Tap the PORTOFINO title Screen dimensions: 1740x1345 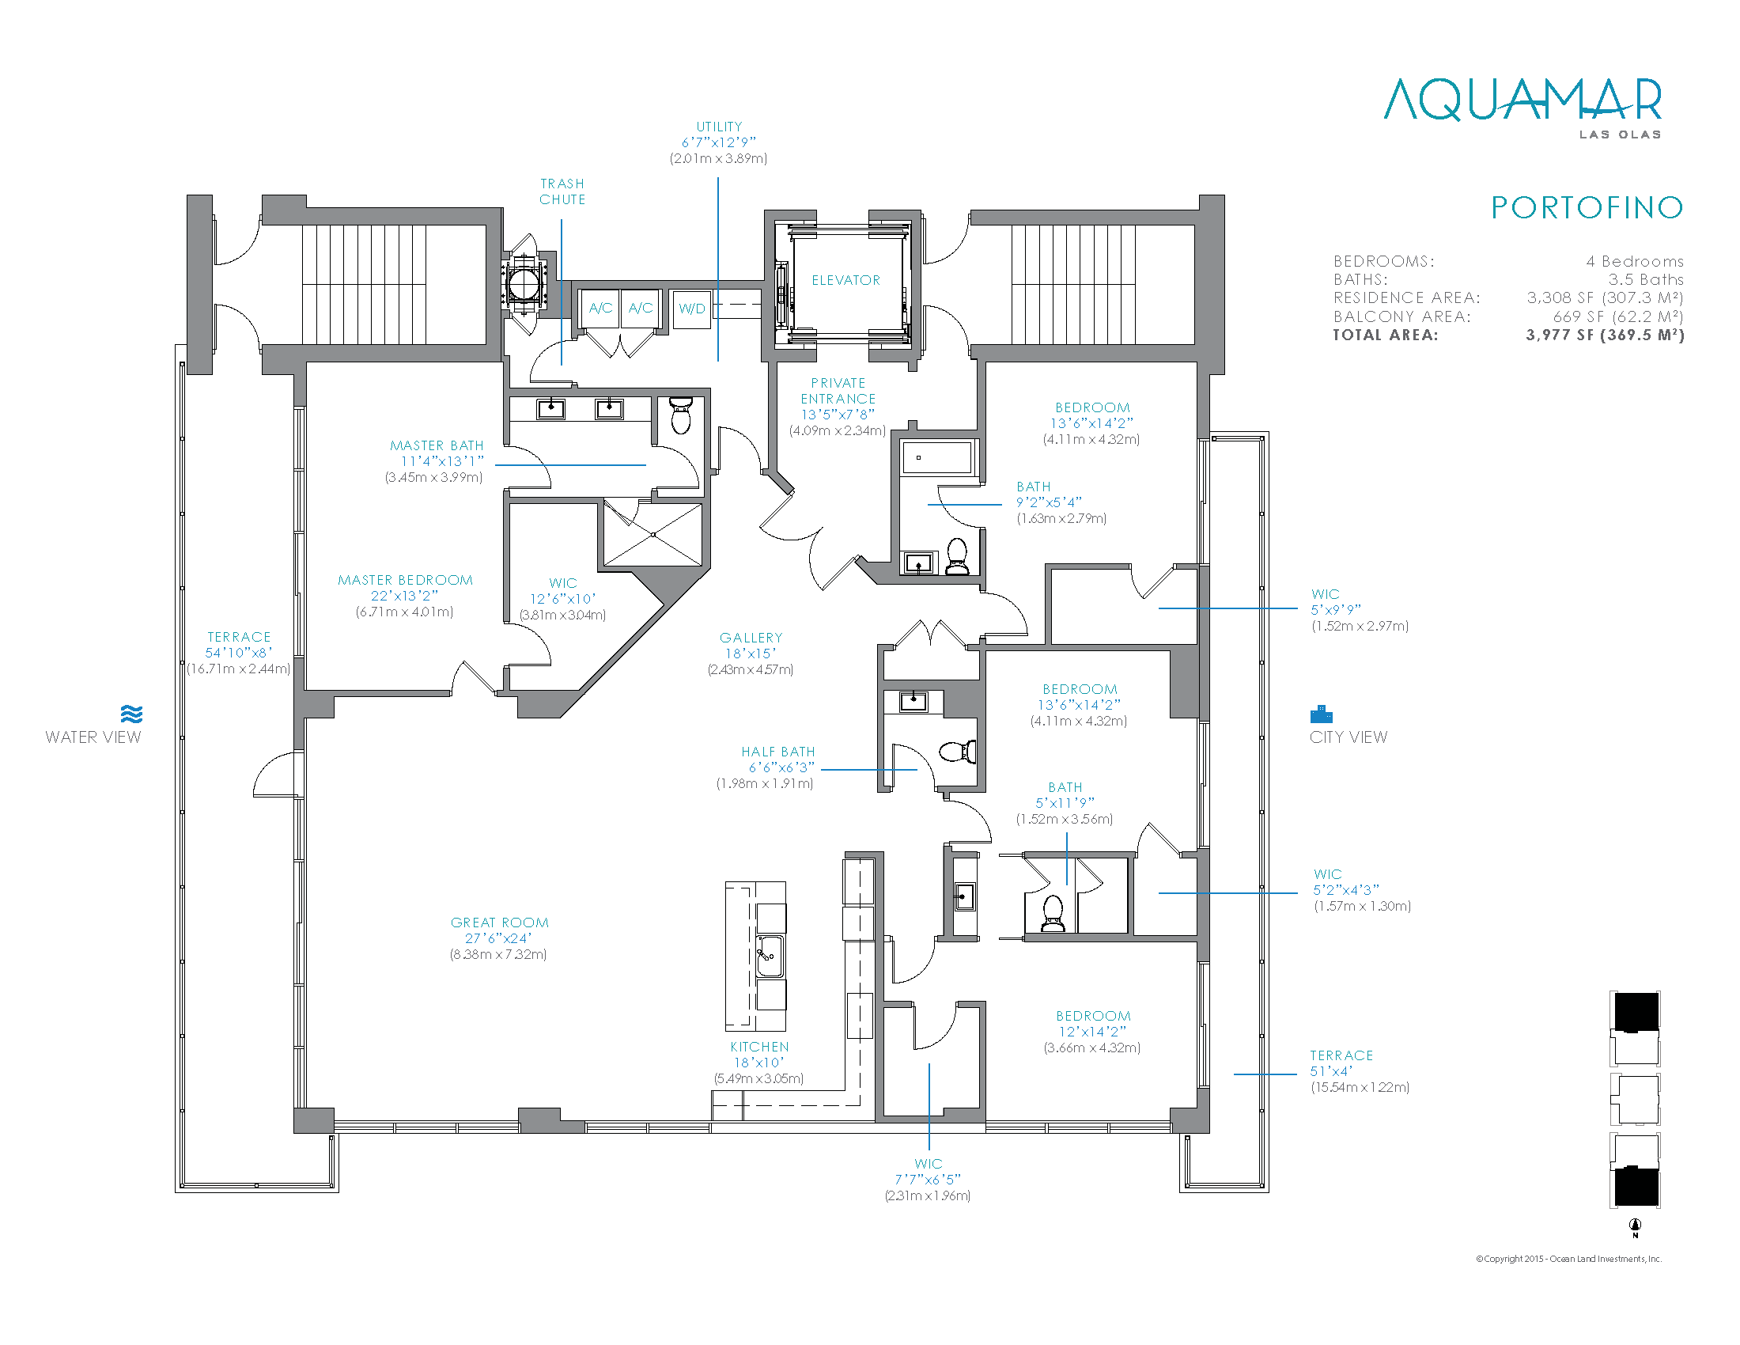(1587, 208)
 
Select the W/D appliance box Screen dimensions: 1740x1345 (691, 309)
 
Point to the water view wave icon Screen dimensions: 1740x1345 (132, 713)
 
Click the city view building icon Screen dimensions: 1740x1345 (1321, 714)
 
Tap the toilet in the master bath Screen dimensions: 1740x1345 (681, 416)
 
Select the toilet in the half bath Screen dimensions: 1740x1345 (958, 752)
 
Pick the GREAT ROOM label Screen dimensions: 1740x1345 (500, 923)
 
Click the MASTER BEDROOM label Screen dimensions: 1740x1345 (406, 580)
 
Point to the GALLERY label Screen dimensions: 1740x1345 (751, 638)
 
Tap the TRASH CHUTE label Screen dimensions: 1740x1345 (562, 191)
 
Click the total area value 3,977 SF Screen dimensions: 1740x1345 (1606, 335)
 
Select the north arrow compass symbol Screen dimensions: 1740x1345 (1636, 1227)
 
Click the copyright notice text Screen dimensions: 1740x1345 (1568, 1259)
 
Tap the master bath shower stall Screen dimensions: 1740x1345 (653, 534)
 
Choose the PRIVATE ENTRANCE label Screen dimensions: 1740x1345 (838, 390)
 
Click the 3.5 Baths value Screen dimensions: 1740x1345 (1646, 279)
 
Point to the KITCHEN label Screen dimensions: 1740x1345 (759, 1047)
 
